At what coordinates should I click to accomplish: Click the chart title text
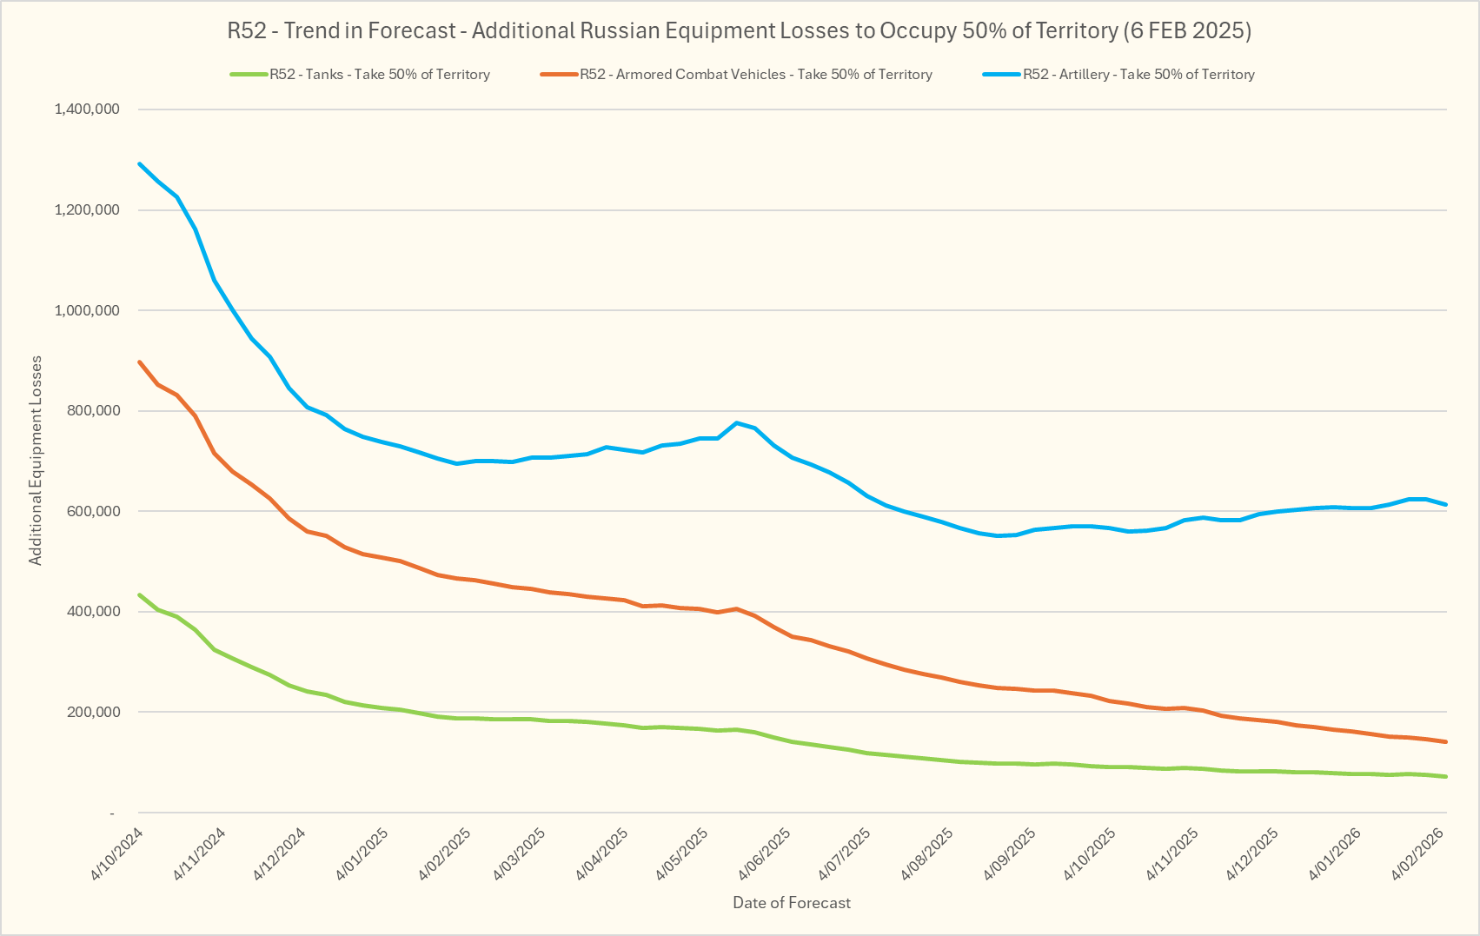click(739, 31)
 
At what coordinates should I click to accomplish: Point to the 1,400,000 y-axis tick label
click(87, 110)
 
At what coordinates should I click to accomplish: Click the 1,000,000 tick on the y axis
click(87, 310)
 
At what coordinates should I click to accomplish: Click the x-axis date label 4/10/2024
click(117, 853)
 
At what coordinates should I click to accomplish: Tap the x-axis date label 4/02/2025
click(445, 853)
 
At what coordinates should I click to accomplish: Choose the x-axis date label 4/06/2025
click(766, 853)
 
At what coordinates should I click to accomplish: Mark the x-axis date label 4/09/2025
click(1011, 853)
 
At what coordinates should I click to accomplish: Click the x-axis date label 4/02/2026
click(1418, 853)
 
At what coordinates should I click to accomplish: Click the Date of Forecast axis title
click(792, 903)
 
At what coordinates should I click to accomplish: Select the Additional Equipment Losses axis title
click(36, 461)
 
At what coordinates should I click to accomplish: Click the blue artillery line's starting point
click(140, 163)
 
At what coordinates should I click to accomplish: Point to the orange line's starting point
click(140, 362)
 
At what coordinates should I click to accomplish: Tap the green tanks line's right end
click(1445, 776)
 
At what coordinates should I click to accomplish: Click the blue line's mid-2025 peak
click(736, 422)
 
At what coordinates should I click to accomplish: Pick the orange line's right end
click(1445, 741)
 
